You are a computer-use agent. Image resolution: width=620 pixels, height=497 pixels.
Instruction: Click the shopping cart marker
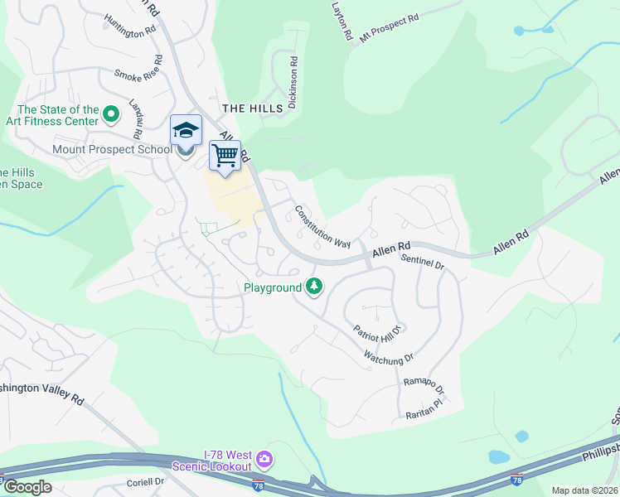[224, 155]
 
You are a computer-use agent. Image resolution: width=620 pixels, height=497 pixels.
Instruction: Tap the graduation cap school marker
[186, 131]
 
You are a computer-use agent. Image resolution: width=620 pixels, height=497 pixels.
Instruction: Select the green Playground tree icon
[314, 287]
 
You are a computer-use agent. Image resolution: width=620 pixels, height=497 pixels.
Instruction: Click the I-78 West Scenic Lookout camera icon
[264, 458]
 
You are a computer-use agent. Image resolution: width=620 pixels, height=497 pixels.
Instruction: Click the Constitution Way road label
[322, 227]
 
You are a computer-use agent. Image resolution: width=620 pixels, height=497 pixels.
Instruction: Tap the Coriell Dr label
[147, 482]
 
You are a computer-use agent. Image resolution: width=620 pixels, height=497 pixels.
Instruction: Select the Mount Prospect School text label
[112, 149]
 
